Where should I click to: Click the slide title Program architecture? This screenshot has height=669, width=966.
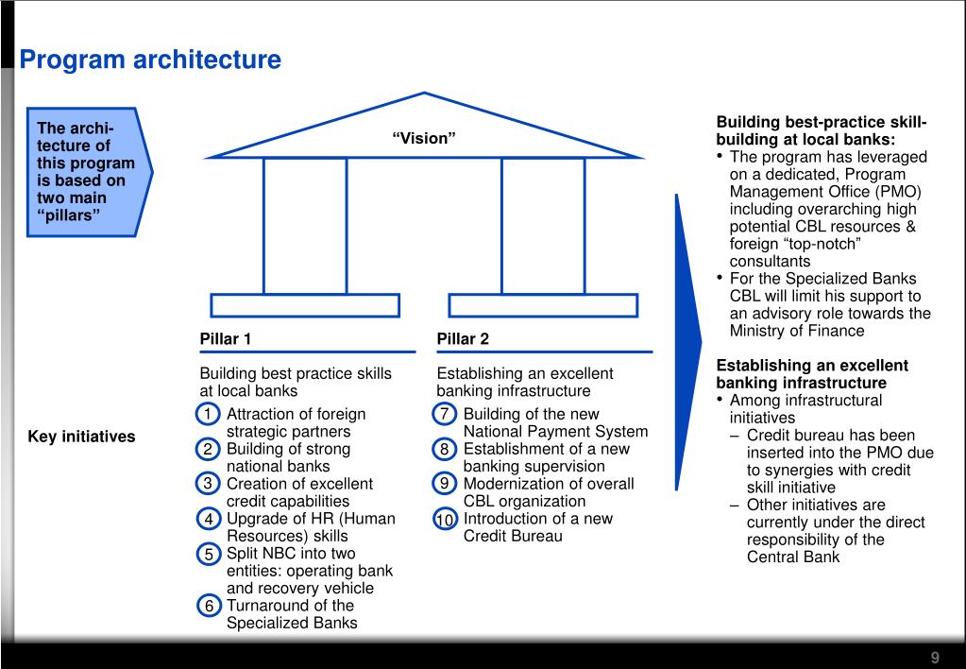(151, 60)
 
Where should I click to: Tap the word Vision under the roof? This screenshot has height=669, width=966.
(424, 138)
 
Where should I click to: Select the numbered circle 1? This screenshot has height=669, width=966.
(208, 415)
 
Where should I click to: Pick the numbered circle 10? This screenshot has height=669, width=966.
(445, 520)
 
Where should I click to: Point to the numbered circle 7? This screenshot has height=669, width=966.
(445, 415)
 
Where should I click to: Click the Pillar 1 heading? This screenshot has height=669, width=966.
(226, 339)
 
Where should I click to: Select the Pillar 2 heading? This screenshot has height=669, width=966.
(463, 339)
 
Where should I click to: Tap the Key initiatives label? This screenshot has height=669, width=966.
(81, 437)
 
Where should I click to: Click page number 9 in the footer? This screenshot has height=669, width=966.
(935, 658)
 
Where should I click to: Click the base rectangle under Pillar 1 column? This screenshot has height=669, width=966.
(305, 304)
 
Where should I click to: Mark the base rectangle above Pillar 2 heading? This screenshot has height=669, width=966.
(543, 304)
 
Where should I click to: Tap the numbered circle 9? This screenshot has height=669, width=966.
(445, 484)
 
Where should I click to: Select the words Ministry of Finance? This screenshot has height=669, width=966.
(797, 331)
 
